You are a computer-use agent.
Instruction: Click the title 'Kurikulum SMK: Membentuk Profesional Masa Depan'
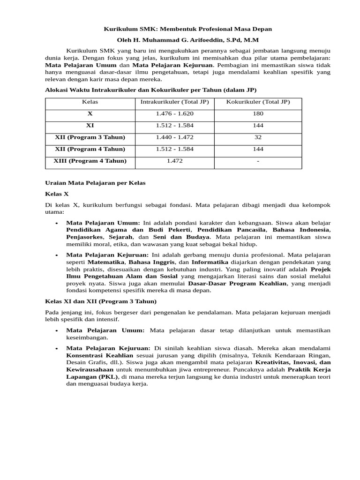pyautogui.click(x=187, y=29)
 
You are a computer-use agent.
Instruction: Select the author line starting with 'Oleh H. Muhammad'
pyautogui.click(x=187, y=40)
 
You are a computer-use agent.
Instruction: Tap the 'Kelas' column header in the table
pyautogui.click(x=90, y=102)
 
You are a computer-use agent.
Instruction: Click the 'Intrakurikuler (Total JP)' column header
pyautogui.click(x=174, y=102)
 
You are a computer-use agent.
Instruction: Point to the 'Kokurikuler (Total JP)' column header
pyautogui.click(x=258, y=102)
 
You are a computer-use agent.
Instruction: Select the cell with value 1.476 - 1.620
pyautogui.click(x=174, y=113)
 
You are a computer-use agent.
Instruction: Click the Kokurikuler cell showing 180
pyautogui.click(x=258, y=113)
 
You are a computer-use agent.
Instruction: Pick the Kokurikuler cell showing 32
pyautogui.click(x=258, y=137)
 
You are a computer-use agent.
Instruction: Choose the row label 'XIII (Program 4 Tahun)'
pyautogui.click(x=90, y=160)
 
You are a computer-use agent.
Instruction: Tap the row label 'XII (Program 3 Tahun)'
pyautogui.click(x=90, y=137)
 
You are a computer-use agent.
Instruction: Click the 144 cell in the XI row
pyautogui.click(x=258, y=125)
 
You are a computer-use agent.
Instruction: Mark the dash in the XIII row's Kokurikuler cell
pyautogui.click(x=258, y=160)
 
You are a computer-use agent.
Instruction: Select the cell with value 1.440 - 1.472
pyautogui.click(x=174, y=137)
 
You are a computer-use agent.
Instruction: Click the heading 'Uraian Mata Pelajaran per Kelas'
pyautogui.click(x=95, y=183)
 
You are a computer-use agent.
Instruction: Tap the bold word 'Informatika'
pyautogui.click(x=210, y=262)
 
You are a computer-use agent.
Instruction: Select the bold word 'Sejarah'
pyautogui.click(x=120, y=237)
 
